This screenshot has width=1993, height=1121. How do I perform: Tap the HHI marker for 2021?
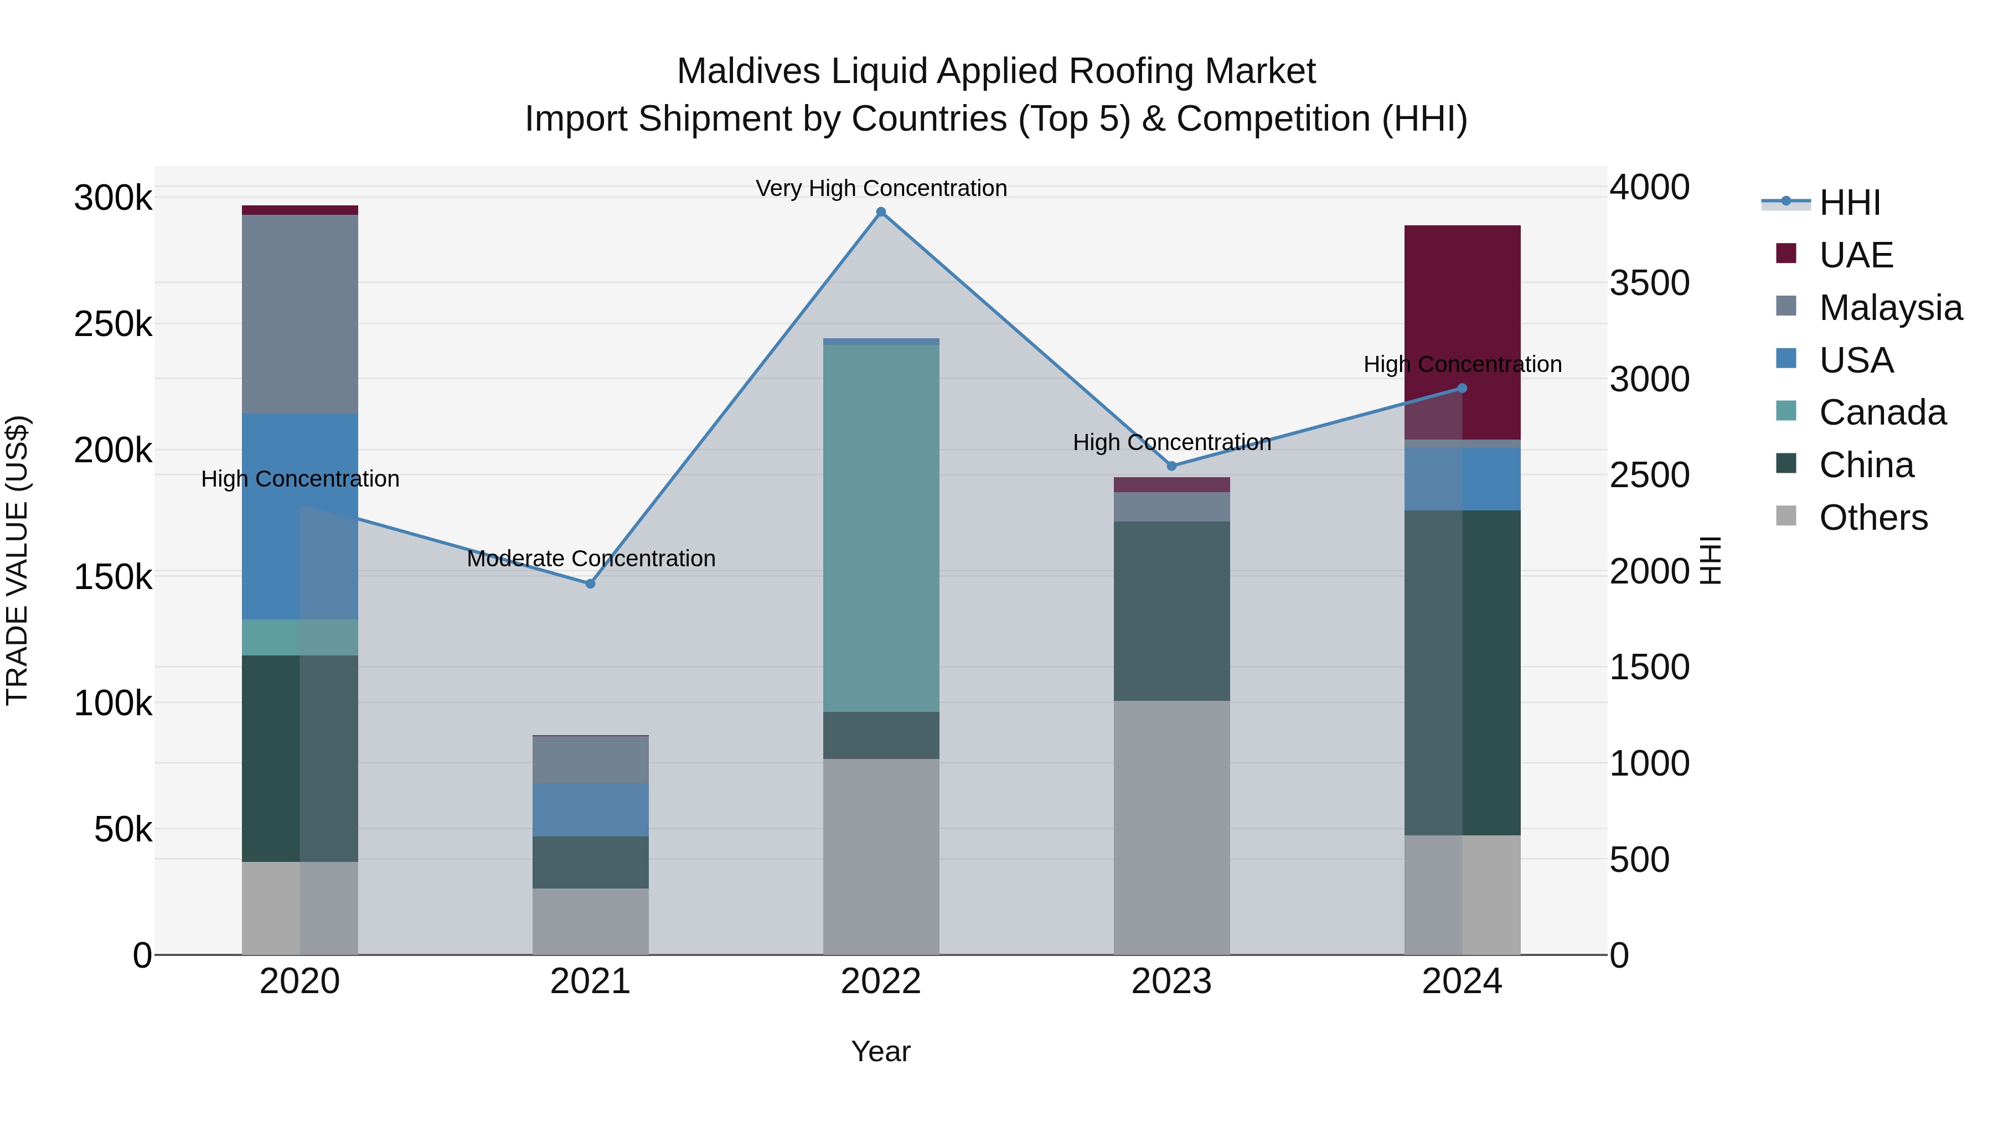click(x=590, y=583)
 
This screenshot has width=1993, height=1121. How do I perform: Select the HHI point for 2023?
click(x=1171, y=466)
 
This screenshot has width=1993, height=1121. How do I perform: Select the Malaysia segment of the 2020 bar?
click(x=300, y=313)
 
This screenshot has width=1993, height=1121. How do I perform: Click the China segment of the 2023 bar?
click(x=1171, y=611)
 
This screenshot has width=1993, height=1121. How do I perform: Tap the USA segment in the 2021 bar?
click(x=590, y=809)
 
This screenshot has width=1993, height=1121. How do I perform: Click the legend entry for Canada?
click(x=1882, y=412)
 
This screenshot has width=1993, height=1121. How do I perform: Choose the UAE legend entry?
click(x=1855, y=255)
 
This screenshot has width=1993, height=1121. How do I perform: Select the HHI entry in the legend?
click(x=1849, y=203)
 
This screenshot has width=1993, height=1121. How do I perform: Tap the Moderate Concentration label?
click(x=591, y=558)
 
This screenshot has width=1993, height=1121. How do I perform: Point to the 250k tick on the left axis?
click(x=113, y=324)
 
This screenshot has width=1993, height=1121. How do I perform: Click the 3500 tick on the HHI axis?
click(x=1650, y=283)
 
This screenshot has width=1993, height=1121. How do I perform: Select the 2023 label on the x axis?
click(x=1171, y=981)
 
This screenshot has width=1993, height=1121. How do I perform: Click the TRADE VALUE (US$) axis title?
click(x=17, y=560)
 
